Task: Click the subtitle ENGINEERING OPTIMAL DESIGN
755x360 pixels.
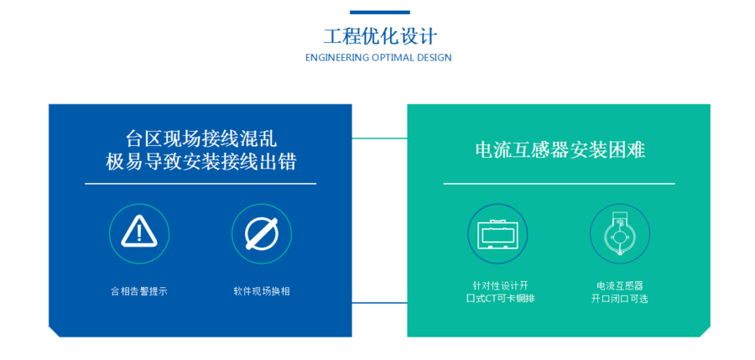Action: coord(378,58)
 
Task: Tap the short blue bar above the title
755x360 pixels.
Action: coord(380,12)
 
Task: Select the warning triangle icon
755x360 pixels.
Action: coord(139,232)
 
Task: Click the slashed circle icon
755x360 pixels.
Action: coord(262,234)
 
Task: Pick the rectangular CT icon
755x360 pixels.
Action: coord(497,234)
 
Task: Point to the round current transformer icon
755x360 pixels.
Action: coord(619,235)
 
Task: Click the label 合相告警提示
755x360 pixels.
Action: coord(139,291)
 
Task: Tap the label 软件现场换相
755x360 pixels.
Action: coord(262,291)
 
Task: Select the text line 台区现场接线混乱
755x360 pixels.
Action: coord(200,139)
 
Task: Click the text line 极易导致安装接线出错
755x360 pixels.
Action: coord(200,163)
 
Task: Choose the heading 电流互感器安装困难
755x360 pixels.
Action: coord(560,150)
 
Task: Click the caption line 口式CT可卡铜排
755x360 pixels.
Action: coord(497,299)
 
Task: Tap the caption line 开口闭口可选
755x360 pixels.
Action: coord(620,299)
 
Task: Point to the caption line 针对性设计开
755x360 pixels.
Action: coord(497,286)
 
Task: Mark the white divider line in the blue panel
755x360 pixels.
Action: coord(200,184)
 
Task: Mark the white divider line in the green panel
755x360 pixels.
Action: coord(559,184)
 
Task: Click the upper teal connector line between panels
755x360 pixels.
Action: coord(379,138)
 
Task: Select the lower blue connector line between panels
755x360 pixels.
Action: coord(379,303)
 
